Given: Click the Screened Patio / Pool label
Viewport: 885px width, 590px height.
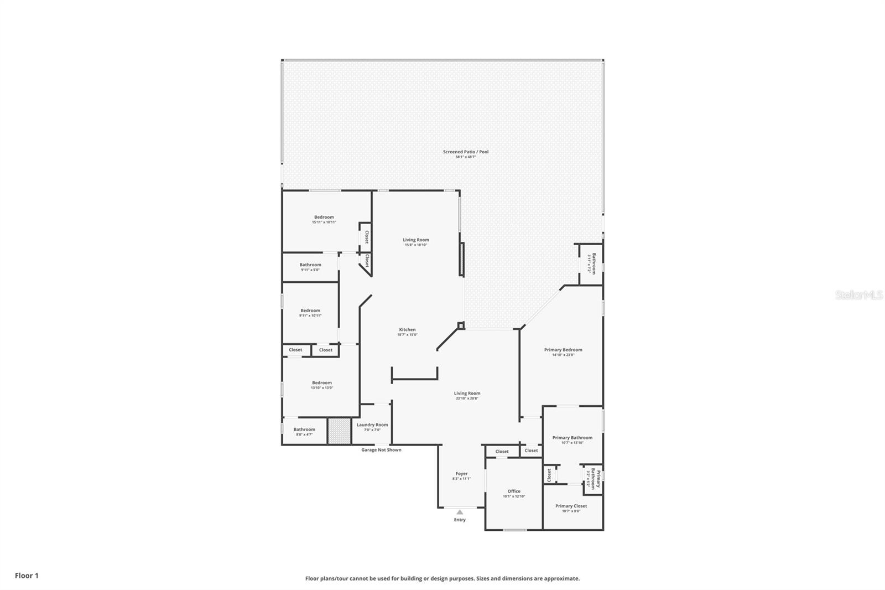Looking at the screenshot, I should tap(465, 152).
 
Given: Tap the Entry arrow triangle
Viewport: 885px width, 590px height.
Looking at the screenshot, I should tap(460, 513).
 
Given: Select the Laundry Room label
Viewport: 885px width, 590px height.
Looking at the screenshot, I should tap(372, 425).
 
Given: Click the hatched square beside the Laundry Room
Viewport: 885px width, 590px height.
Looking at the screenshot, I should tap(339, 431).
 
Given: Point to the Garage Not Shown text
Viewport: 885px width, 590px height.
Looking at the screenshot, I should tap(381, 450).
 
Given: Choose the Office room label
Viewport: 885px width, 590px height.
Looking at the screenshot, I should tap(514, 491).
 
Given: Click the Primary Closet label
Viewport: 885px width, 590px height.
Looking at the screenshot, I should tap(571, 506).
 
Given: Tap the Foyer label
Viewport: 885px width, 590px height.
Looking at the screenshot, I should tap(461, 474).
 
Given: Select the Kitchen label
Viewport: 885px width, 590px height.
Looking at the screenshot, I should tap(407, 330).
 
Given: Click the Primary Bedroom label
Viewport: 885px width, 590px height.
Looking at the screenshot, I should tap(563, 350).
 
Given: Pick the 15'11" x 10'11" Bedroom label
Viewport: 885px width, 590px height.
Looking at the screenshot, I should tap(324, 218).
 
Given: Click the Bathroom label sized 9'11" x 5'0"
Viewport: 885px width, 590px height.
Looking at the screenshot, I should tap(310, 265).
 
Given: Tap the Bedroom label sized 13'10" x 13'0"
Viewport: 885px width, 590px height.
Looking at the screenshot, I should tap(321, 383).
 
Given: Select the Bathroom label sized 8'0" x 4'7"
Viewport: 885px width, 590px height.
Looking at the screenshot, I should tap(304, 429).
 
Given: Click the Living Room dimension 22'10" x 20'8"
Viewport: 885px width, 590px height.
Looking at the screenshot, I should tap(467, 398).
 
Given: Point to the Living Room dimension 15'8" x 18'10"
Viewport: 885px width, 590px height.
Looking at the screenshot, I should tap(415, 245).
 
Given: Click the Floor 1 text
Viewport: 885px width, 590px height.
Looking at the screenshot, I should tap(27, 576).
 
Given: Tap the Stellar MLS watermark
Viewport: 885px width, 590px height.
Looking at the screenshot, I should tap(858, 296).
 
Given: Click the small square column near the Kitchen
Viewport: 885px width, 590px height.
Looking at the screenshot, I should tap(461, 326).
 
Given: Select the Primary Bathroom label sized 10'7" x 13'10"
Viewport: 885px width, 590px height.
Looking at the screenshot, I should tap(572, 438).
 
